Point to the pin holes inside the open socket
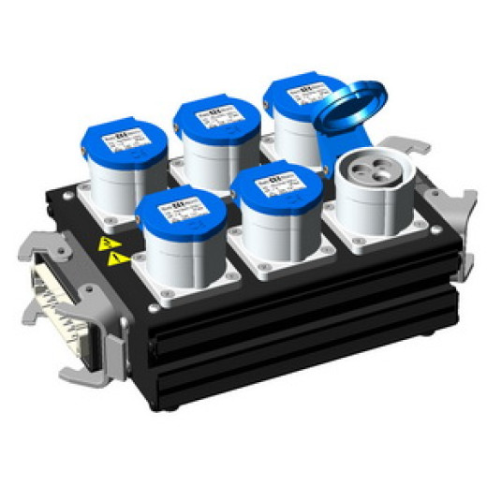(372, 168)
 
